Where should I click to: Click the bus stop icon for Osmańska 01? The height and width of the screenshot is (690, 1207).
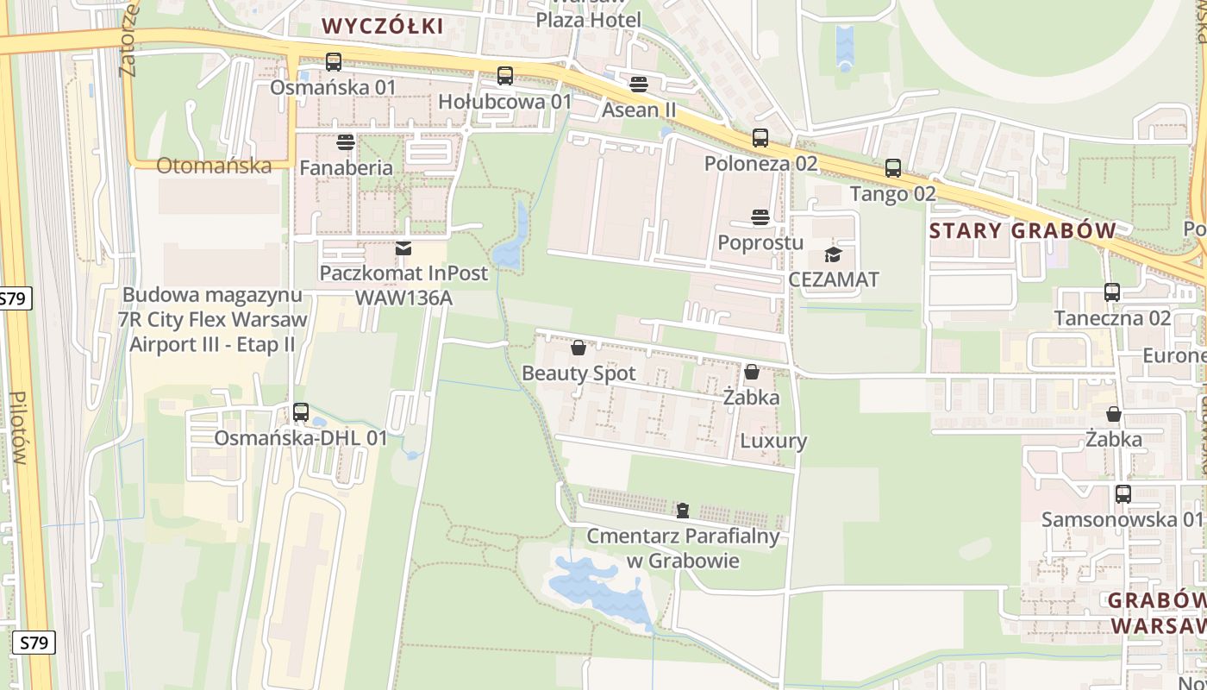334,62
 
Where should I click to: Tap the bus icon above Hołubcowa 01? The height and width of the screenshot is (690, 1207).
505,76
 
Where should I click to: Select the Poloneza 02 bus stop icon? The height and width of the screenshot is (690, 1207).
760,138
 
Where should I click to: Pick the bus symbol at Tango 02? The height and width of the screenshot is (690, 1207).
893,168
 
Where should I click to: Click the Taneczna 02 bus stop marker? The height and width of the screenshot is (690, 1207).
1112,292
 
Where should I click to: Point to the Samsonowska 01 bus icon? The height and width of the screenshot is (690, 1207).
1123,494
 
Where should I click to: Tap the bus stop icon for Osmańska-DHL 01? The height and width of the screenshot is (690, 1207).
301,412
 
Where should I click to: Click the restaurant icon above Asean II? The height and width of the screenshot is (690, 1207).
639,85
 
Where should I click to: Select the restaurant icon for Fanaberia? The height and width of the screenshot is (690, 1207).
346,141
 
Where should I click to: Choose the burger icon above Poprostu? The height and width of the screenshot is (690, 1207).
760,216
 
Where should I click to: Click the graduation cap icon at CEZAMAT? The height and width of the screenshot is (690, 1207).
833,254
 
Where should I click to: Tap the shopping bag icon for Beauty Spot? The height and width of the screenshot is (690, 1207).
578,348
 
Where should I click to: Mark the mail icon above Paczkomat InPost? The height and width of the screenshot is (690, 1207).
403,248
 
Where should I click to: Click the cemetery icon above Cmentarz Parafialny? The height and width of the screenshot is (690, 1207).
683,511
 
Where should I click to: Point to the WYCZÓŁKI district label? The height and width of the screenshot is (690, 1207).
384,26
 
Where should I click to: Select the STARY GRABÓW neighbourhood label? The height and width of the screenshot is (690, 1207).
1023,230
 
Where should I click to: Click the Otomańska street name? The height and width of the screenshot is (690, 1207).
214,166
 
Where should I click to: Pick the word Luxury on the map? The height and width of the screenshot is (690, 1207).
773,441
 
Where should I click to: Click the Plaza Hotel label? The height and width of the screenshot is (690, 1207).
589,19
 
